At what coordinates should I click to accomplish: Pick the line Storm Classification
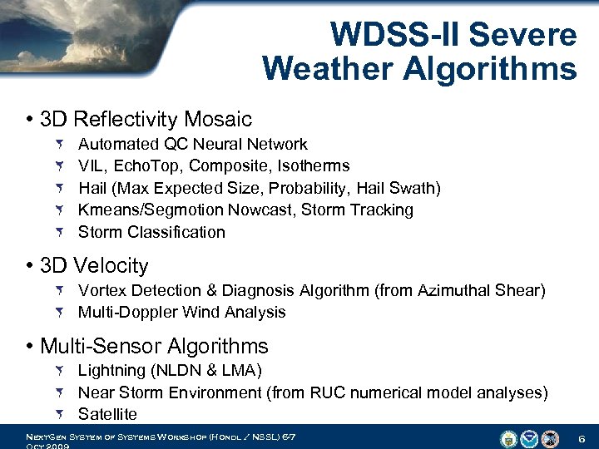pyautogui.click(x=151, y=232)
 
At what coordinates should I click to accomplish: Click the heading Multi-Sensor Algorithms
pyautogui.click(x=154, y=346)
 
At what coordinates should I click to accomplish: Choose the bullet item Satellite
pyautogui.click(x=107, y=414)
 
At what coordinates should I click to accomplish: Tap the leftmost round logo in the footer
pyautogui.click(x=508, y=437)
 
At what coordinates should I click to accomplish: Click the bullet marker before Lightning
pyautogui.click(x=63, y=370)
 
